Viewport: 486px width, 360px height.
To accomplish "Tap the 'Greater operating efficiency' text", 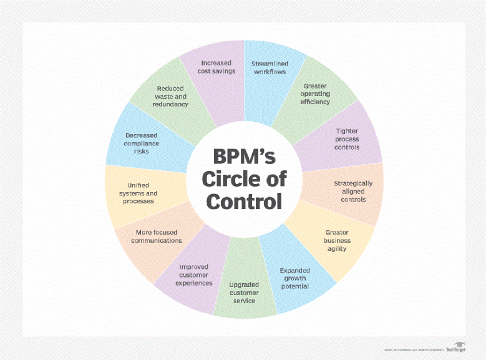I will coord(316,93).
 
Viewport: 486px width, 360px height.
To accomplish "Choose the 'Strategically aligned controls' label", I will coord(353,191).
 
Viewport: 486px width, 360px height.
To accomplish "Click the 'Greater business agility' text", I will coord(336,240).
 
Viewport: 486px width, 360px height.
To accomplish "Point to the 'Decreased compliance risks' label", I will coord(142,142).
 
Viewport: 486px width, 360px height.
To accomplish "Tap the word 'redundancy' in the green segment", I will coord(170,105).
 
